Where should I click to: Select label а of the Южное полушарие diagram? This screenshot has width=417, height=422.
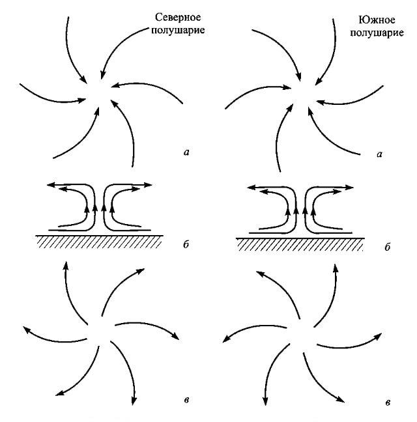[x=379, y=154]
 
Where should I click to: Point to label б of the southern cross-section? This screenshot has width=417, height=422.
[x=387, y=248]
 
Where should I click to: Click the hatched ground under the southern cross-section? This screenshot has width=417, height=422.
[x=300, y=244]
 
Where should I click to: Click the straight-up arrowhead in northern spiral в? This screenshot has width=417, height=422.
[x=65, y=262]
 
